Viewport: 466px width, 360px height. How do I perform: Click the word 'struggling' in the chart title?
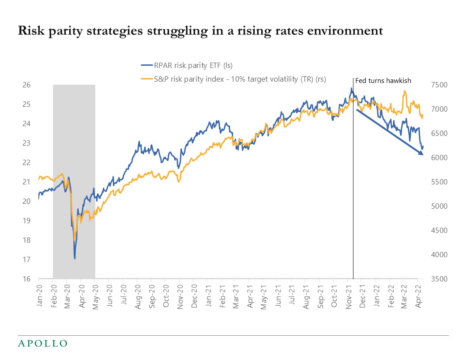click(193, 31)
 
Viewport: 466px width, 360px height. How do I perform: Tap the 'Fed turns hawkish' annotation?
click(377, 81)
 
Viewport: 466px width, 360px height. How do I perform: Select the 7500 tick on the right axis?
click(441, 85)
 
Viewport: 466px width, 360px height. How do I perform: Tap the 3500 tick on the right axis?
click(441, 279)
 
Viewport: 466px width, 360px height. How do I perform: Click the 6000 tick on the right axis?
click(441, 157)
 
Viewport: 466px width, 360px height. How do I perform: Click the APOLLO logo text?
click(42, 343)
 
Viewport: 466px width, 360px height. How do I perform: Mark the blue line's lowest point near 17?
click(75, 258)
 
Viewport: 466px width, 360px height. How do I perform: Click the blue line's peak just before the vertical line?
click(351, 88)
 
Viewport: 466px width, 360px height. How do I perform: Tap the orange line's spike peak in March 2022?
click(404, 91)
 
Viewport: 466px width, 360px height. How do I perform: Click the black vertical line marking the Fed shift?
click(353, 176)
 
